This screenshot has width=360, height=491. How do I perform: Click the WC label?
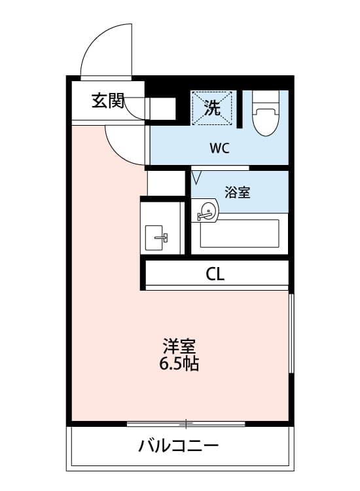click(219, 148)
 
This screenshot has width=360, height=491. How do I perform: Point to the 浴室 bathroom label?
click(237, 192)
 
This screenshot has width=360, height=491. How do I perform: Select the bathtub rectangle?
click(240, 233)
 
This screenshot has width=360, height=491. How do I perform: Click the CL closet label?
click(215, 274)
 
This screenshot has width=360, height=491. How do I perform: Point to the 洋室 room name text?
click(179, 346)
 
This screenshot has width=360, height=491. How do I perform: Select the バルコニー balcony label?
click(178, 447)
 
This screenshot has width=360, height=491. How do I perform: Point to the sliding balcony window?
click(186, 424)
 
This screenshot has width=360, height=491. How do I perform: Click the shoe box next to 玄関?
click(161, 108)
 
